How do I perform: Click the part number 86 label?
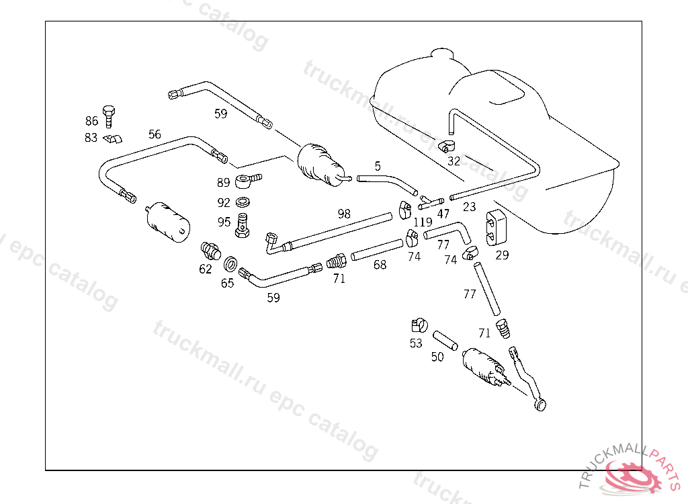[x=91, y=121]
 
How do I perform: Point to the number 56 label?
[x=155, y=134]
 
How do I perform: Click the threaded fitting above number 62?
[x=210, y=252]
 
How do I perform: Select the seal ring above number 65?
[x=228, y=262]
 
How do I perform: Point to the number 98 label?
[x=344, y=214]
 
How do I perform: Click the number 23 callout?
[x=469, y=208]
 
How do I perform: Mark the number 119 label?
[x=423, y=222]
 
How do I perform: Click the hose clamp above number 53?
[x=419, y=326]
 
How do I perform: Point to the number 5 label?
[x=378, y=165]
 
